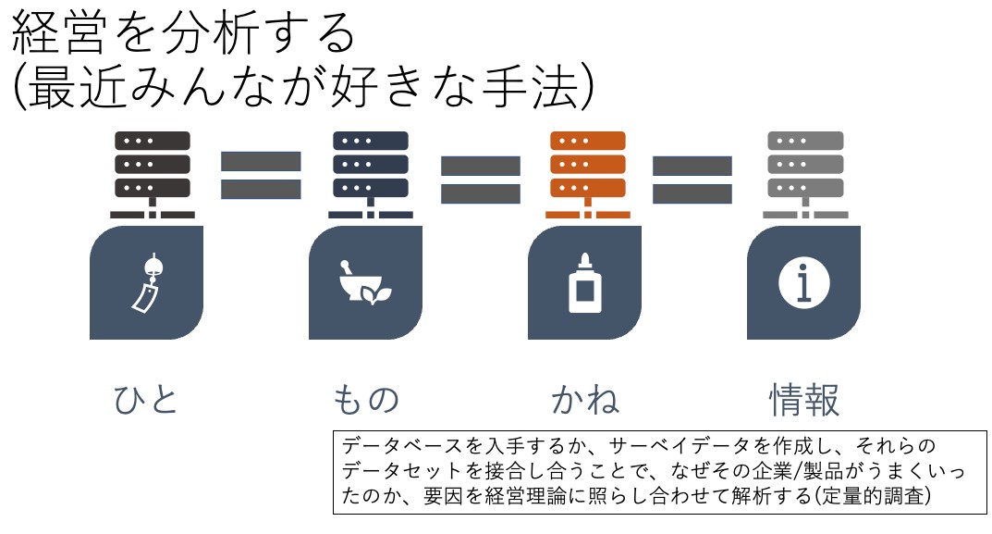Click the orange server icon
coord(588,175)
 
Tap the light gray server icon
coord(805,175)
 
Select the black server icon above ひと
coord(153,175)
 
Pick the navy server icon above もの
coord(371,175)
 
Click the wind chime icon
coord(147,282)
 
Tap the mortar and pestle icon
coord(366,282)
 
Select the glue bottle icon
coord(584,282)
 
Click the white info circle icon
coord(804,282)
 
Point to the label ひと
coord(145,400)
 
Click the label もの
coord(366,400)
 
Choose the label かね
coord(585,400)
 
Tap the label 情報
coord(804,400)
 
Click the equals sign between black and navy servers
coord(261,175)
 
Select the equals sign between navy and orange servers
coord(480,180)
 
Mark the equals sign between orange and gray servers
coord(692,180)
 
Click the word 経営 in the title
coord(59,33)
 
